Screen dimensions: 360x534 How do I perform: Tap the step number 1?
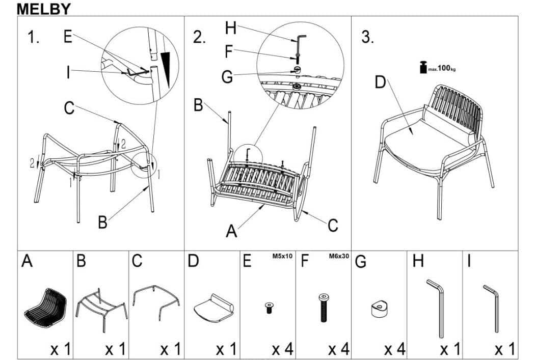point(33,38)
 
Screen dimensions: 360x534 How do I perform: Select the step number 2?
point(199,38)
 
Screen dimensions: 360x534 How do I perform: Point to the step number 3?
point(367,38)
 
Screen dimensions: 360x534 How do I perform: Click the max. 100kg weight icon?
point(423,67)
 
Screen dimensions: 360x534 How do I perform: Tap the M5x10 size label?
point(282,257)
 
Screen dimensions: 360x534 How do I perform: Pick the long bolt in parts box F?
point(324,307)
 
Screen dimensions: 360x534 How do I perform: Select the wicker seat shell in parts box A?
point(46,303)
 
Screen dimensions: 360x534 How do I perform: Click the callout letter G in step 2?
point(227,77)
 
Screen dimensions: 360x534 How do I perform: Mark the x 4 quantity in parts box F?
point(338,349)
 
